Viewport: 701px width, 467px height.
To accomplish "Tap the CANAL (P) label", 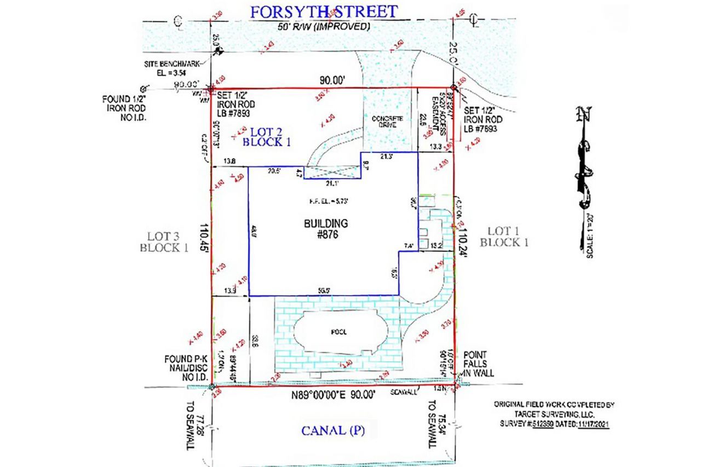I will click(333, 430).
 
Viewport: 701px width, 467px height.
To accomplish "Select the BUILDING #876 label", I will click(326, 228).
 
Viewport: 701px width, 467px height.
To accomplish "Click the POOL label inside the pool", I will click(339, 332).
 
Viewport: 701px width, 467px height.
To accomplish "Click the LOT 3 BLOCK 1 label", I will click(164, 241).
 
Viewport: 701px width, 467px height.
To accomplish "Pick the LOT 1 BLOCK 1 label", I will click(504, 237).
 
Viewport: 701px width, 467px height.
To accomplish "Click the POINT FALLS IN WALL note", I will click(478, 364).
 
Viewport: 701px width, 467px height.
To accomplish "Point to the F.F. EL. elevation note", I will click(326, 201).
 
